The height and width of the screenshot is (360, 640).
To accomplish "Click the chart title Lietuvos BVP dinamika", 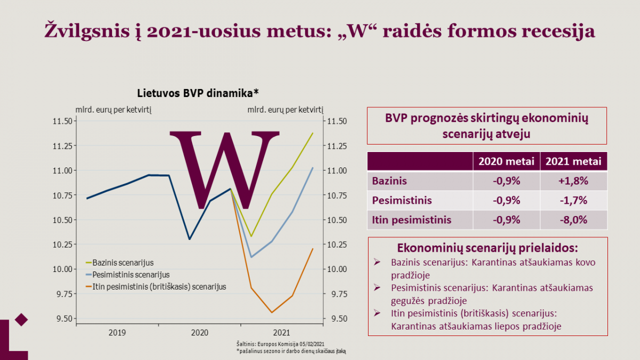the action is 198,93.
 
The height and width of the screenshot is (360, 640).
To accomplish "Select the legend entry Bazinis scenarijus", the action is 119,262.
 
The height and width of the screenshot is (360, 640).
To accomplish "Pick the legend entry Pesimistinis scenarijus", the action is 127,275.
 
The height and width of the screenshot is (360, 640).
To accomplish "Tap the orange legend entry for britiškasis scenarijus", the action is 156,286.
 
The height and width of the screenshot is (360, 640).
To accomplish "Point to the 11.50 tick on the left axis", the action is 62,121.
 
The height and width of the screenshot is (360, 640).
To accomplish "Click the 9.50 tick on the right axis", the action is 339,318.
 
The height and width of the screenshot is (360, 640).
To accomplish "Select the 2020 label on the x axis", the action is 199,333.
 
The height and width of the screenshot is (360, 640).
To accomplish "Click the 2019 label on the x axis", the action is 117,333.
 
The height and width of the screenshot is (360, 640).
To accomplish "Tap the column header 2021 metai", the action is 573,162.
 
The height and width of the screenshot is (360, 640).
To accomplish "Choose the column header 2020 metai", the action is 506,162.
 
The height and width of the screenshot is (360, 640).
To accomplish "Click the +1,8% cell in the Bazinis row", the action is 573,181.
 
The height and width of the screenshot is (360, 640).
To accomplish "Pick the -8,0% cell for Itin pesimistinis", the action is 573,220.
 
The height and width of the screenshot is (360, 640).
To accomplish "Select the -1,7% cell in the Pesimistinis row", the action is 573,201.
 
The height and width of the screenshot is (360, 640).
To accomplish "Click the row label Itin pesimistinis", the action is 411,220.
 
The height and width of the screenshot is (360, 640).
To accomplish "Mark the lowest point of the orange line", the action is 271,313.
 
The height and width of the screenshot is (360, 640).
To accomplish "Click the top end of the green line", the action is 313,133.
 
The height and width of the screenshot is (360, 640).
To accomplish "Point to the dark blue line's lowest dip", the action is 189,239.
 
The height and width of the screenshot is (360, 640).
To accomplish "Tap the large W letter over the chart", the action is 225,170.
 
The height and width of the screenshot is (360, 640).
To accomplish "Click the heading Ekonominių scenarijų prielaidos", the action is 487,247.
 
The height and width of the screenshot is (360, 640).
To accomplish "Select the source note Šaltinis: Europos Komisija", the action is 281,344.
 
